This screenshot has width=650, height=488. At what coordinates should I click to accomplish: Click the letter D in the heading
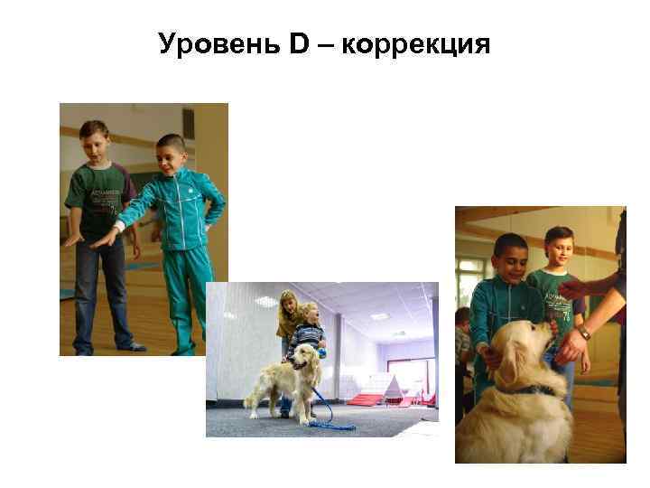click(300, 42)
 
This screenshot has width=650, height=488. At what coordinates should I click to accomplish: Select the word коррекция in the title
click(416, 44)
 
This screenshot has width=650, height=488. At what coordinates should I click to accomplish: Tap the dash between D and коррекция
click(325, 43)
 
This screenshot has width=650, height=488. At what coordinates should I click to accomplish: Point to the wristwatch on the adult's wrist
click(584, 333)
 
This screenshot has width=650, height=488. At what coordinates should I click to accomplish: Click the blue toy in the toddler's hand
click(320, 353)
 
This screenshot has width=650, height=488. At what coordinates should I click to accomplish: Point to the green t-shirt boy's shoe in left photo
click(132, 346)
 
